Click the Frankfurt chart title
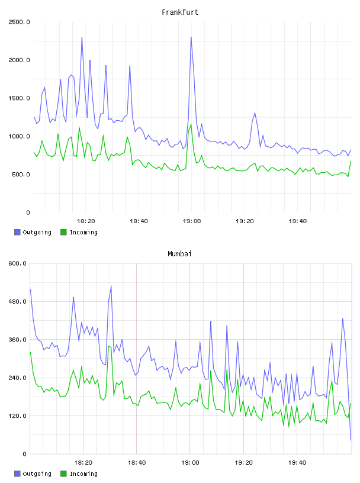(x=180, y=12)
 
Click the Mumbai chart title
(x=179, y=254)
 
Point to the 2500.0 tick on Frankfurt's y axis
(x=19, y=22)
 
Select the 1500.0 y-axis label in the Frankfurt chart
(x=19, y=98)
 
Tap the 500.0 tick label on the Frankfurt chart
(x=21, y=175)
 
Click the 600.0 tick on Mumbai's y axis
(x=17, y=263)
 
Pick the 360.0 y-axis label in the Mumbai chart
(x=17, y=339)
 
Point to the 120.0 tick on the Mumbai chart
(x=17, y=416)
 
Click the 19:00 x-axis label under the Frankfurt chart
(x=192, y=221)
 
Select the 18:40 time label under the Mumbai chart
(x=137, y=463)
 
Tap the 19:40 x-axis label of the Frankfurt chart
(x=298, y=221)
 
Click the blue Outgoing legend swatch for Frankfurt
(x=17, y=232)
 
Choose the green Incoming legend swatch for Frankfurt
(x=63, y=232)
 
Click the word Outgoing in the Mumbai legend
(x=37, y=474)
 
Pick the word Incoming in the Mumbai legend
(x=83, y=474)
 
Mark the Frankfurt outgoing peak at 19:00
(x=191, y=37)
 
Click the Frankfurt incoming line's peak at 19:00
(x=191, y=124)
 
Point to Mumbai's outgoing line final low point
(x=351, y=440)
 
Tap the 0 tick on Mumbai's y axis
(x=25, y=454)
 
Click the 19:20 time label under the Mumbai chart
(x=244, y=463)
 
